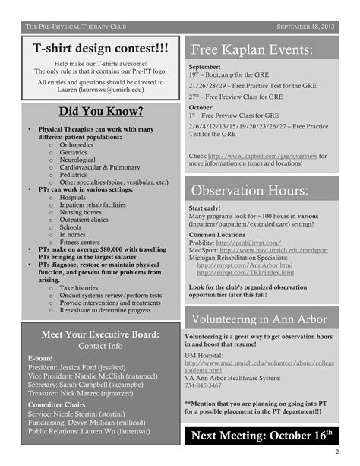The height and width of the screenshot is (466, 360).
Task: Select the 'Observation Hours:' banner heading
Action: click(250, 190)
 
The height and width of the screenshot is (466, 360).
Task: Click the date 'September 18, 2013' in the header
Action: click(306, 26)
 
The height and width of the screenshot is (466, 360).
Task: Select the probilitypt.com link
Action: click(248, 243)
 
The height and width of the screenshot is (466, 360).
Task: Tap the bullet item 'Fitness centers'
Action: click(84, 242)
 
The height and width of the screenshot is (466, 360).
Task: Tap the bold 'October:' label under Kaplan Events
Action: click(201, 107)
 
